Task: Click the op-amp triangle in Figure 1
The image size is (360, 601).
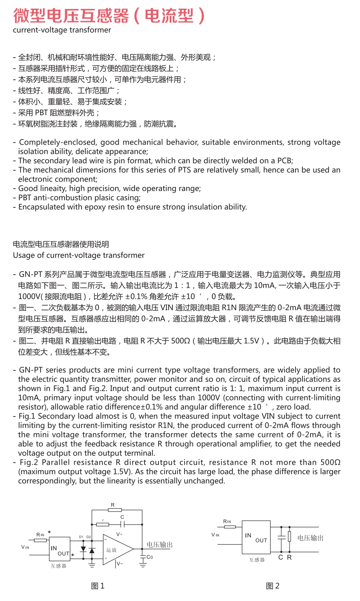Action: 117,549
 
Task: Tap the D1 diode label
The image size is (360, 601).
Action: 81,537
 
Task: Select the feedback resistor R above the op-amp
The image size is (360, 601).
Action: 114,510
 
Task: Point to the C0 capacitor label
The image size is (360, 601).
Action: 149,557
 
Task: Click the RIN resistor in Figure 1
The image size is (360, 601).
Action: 40,540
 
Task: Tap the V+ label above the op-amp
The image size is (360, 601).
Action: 119,534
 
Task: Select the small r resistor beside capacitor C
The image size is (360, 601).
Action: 103,524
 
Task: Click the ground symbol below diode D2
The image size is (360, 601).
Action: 92,565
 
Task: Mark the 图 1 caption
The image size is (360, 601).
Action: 97,586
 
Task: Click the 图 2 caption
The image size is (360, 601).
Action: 272,586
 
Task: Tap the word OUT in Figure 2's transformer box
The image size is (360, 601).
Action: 261,540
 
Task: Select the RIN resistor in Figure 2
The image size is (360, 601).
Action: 230,527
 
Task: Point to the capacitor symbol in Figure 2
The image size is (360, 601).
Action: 281,538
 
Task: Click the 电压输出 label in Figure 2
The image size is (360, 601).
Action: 310,538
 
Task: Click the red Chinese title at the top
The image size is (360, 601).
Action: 109,16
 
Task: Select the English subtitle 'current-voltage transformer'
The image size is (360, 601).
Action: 62,30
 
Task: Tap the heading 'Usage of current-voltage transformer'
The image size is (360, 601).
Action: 79,255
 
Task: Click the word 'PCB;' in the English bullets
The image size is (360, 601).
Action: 285,161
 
